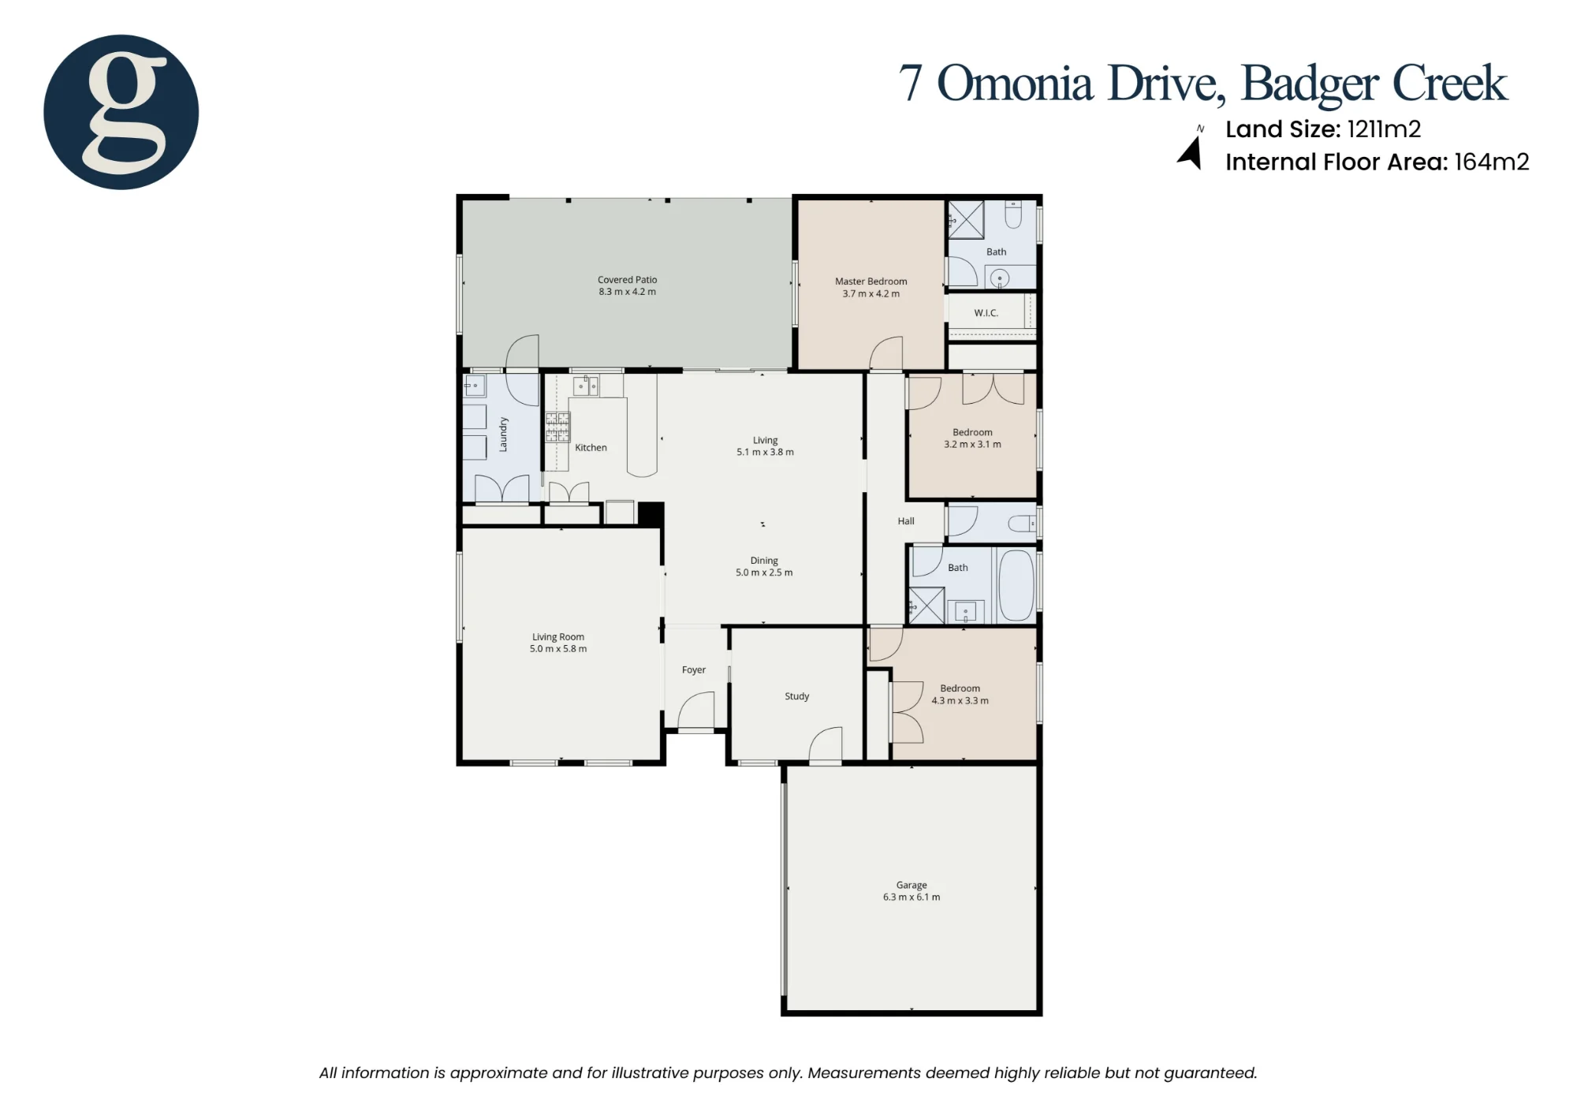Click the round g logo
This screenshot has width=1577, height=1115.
click(x=121, y=112)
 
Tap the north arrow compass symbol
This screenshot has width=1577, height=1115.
click(x=1191, y=151)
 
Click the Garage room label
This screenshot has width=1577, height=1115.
click(x=912, y=885)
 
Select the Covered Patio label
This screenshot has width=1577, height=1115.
click(x=627, y=280)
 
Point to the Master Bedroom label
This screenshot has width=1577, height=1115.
click(x=871, y=282)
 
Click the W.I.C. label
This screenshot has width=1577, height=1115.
click(x=986, y=313)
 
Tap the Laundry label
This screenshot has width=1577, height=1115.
click(x=503, y=434)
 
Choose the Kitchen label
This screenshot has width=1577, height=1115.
click(x=591, y=448)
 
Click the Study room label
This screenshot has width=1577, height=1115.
click(x=796, y=696)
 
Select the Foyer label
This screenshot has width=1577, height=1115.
click(x=693, y=670)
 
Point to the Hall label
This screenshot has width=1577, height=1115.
click(x=906, y=521)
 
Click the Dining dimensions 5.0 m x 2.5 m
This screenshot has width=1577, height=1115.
click(x=764, y=573)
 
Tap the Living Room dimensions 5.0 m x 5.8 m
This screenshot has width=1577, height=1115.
click(x=558, y=649)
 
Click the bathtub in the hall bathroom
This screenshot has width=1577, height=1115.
click(x=1016, y=585)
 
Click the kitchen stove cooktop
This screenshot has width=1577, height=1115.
click(x=557, y=427)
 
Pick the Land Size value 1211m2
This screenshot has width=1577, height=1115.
click(x=1384, y=129)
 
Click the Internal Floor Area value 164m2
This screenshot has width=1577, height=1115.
click(x=1492, y=162)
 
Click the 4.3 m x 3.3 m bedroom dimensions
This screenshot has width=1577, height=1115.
click(x=960, y=701)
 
